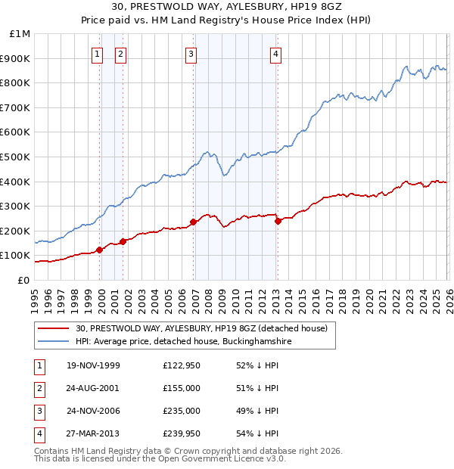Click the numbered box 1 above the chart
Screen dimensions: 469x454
coord(98,54)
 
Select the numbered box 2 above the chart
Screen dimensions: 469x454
coord(120,54)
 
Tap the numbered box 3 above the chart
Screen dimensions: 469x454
coord(191,54)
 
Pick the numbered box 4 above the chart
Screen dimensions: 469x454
coord(276,54)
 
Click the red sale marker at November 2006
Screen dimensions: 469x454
coord(194,222)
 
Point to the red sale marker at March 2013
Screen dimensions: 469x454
coord(278,221)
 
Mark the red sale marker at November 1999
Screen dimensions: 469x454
coord(99,250)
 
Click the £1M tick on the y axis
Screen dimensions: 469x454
coord(20,34)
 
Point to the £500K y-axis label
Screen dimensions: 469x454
coord(17,157)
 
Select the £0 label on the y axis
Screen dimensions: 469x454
coord(23,280)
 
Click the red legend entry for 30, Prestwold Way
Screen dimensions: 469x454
coord(201,328)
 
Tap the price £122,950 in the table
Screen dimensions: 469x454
coord(181,365)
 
